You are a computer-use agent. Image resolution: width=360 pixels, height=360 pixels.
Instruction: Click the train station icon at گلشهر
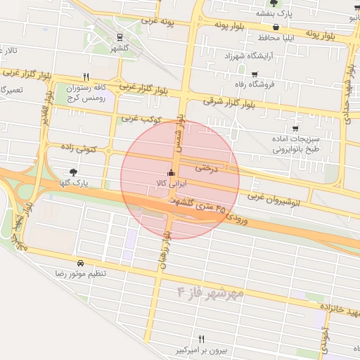(119, 37)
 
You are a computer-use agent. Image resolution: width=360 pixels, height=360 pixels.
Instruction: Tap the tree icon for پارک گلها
(74, 172)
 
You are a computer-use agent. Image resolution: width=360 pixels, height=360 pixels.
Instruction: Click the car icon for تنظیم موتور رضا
(82, 263)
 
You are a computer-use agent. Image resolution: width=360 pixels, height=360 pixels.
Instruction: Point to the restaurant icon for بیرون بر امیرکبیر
(202, 340)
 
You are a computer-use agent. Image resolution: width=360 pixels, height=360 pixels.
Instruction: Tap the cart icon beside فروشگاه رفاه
(254, 74)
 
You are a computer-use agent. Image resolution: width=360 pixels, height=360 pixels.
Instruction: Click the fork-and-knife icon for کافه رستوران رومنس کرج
(86, 77)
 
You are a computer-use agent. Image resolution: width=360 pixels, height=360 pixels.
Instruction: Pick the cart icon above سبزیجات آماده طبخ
(295, 128)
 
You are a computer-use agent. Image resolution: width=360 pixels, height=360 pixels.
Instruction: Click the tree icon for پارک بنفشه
(273, 4)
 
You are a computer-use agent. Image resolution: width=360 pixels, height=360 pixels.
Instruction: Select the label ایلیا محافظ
(263, 37)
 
